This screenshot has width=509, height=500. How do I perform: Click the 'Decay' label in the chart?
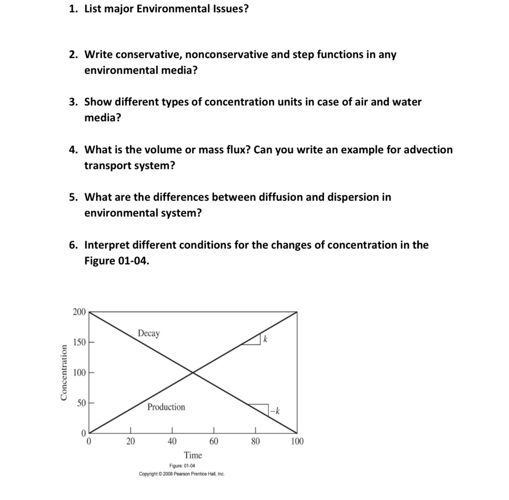[x=148, y=334]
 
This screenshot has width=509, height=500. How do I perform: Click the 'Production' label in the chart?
[x=166, y=407]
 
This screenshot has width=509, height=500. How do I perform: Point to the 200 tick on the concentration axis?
[x=79, y=312]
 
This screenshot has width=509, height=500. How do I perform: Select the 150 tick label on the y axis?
[x=79, y=342]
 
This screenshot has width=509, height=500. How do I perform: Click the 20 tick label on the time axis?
[x=130, y=441]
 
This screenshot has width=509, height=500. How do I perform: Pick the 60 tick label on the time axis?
[x=214, y=441]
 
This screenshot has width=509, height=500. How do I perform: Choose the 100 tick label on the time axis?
[x=297, y=441]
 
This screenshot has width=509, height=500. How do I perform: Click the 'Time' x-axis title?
[x=193, y=455]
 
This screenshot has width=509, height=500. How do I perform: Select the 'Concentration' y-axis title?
[x=64, y=373]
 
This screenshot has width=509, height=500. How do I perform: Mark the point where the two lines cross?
[x=193, y=372]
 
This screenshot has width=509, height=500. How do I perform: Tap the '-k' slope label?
[x=275, y=411]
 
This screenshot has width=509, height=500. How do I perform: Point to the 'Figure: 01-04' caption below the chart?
[x=182, y=466]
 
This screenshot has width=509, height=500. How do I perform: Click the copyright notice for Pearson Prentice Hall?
[x=182, y=474]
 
